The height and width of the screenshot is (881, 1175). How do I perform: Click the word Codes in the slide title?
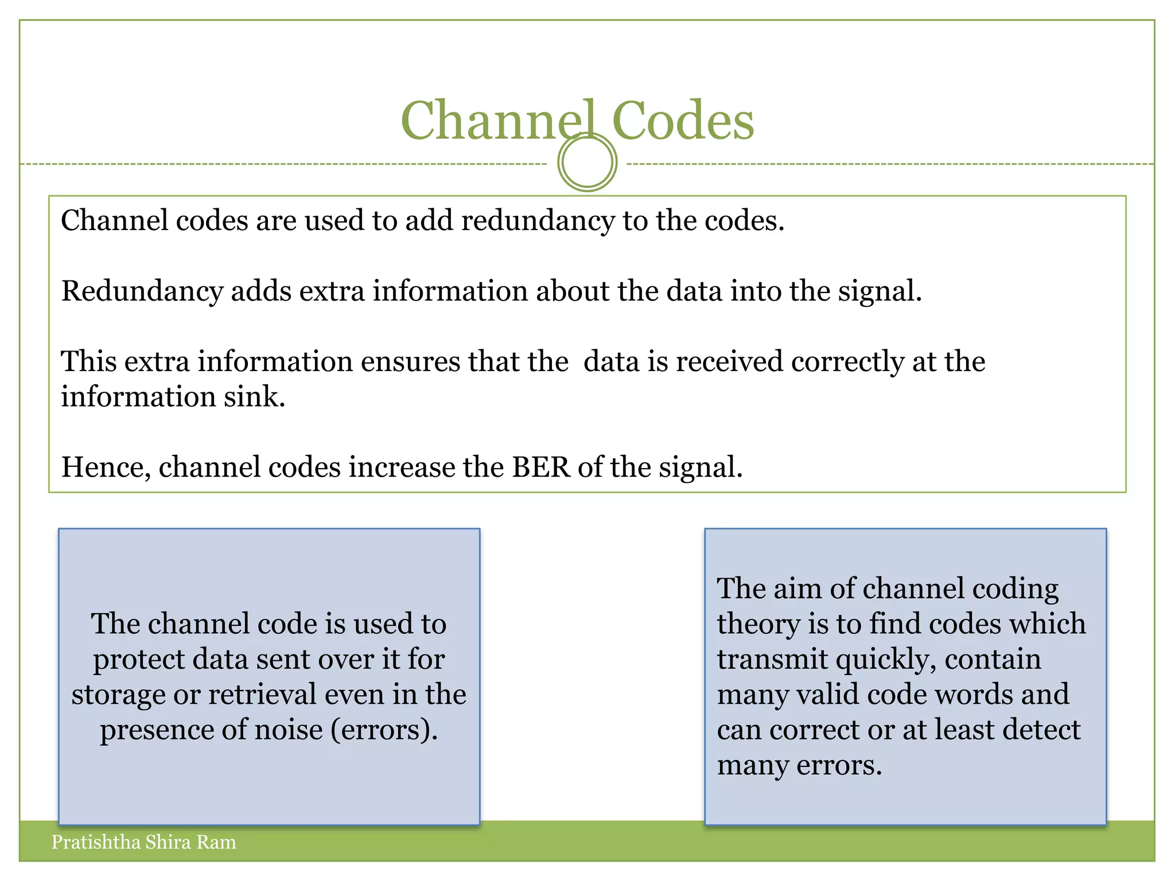click(683, 120)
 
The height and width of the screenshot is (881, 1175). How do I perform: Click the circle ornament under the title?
click(587, 162)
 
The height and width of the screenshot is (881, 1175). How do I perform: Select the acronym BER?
click(541, 467)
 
